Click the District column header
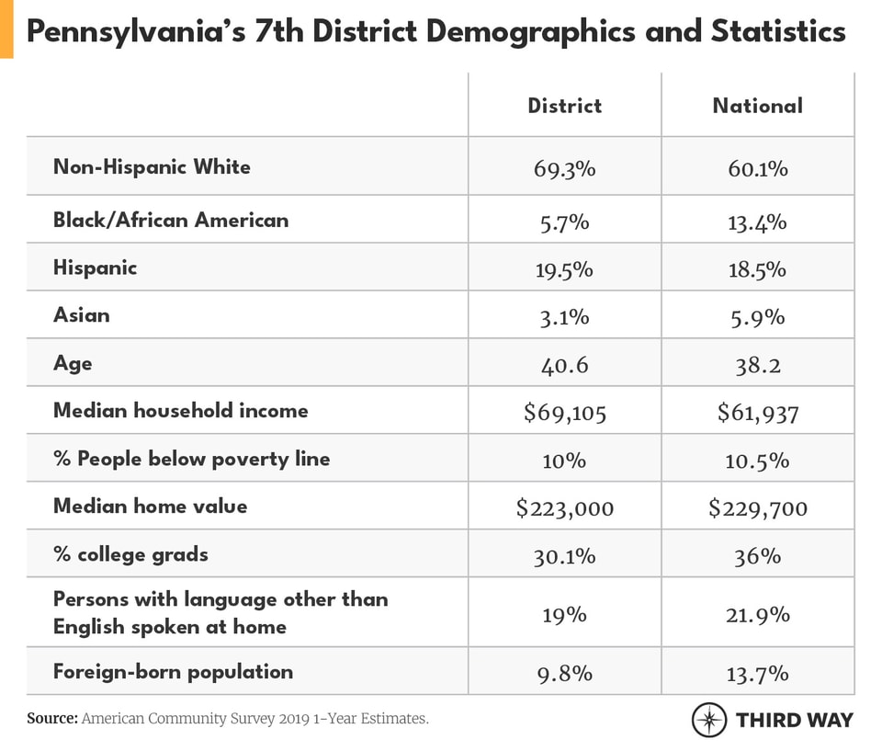point(564,105)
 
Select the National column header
point(757,105)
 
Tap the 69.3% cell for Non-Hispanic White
point(564,169)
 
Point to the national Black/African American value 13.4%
point(757,222)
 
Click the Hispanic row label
point(95,267)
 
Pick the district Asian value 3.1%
point(564,317)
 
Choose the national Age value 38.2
point(757,365)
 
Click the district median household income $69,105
point(564,413)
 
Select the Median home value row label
point(150,506)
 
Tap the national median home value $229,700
point(757,507)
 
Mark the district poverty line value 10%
point(564,461)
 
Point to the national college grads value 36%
point(757,556)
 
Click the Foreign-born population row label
point(173,671)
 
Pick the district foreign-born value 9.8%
point(564,673)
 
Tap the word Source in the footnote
point(51,719)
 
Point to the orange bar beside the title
point(6,28)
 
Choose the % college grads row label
point(130,554)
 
